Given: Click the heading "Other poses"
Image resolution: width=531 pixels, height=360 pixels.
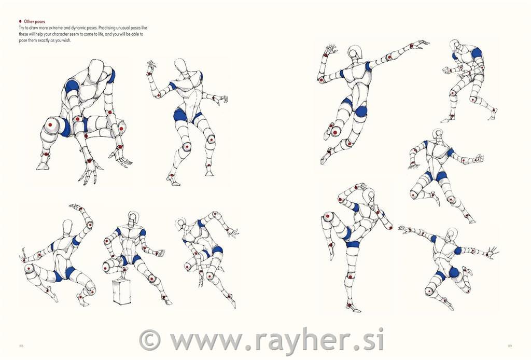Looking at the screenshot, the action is (35, 21).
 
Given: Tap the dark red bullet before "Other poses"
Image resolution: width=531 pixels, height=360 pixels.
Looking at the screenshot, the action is (20, 21).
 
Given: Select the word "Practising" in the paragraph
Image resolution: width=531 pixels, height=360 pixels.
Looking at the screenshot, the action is (107, 28).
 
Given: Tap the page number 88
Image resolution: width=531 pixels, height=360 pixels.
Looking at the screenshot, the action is (21, 346).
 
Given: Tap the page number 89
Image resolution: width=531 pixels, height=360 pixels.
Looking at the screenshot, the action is (510, 346).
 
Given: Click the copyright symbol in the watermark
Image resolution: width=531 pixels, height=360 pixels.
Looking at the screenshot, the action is (150, 340).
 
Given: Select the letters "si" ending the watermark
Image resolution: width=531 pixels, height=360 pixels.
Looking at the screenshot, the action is (374, 339).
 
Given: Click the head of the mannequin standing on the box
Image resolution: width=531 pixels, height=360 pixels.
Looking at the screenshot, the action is (133, 218).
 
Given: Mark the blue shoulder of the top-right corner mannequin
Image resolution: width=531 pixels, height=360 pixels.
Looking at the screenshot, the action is (476, 53).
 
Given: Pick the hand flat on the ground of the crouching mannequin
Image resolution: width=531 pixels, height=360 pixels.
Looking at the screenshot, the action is (90, 171).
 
